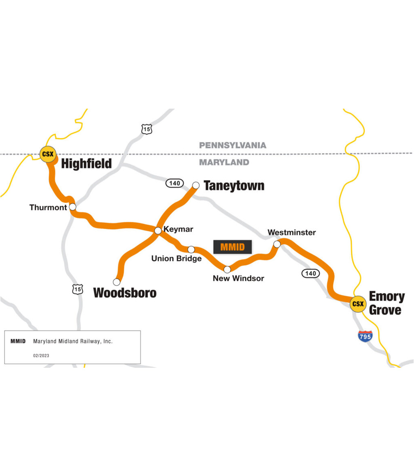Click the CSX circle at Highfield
coord(48,154)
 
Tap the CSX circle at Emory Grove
coord(358,304)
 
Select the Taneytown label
coord(234,186)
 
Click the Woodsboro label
coord(125,293)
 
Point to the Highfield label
coord(86,164)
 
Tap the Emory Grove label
coord(387,303)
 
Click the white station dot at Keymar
coord(158,231)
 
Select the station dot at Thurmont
coord(73,207)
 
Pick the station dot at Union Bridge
coord(191,249)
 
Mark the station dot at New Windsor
coord(227,269)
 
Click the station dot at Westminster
coord(277,244)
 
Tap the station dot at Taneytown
coord(196,185)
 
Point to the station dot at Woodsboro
coord(117,282)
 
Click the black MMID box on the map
coord(232,247)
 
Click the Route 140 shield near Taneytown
coord(175,183)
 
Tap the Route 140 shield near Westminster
coord(310,273)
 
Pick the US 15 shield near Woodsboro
coord(77,289)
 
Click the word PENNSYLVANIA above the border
coord(232,145)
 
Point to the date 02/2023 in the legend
coord(41,355)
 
